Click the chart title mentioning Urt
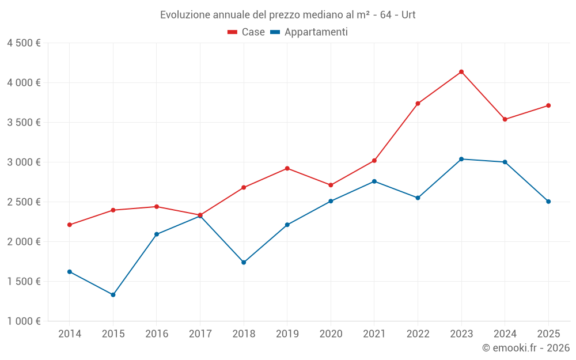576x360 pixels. click(288, 14)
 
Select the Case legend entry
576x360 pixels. click(247, 32)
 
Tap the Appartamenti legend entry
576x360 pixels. click(309, 32)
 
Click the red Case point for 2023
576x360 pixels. click(461, 72)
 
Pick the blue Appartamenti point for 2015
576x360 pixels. click(113, 295)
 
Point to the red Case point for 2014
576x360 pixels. click(70, 225)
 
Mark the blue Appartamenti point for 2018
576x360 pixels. click(244, 263)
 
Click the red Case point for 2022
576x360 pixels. click(418, 104)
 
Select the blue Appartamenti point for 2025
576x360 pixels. click(548, 202)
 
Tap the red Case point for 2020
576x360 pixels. click(331, 185)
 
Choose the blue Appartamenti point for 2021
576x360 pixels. click(374, 181)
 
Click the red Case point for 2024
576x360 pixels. click(505, 119)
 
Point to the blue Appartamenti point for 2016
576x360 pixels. click(157, 234)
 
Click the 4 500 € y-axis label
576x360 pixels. click(24, 43)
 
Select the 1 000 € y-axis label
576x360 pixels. click(24, 321)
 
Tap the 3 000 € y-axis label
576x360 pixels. click(24, 162)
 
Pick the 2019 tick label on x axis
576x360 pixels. click(287, 334)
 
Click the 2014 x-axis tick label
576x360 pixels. click(70, 334)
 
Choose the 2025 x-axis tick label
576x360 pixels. click(548, 334)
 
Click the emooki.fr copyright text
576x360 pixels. click(526, 348)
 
